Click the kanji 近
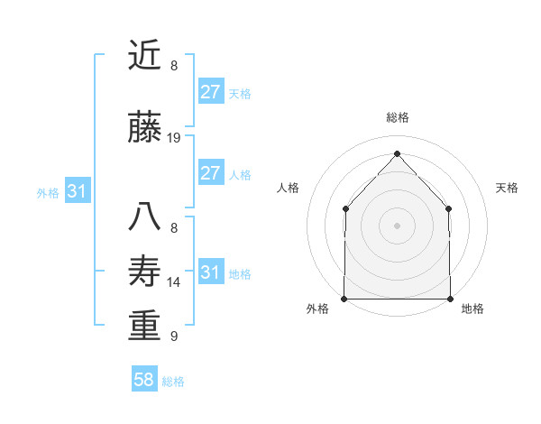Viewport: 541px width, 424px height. [x=144, y=55]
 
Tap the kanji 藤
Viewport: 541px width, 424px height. [x=144, y=128]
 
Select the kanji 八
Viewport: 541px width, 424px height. [x=144, y=217]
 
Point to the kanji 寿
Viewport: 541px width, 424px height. [x=144, y=272]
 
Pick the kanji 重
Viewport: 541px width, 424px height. [x=144, y=326]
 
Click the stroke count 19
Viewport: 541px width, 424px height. [x=174, y=138]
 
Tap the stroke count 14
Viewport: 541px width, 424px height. [x=174, y=282]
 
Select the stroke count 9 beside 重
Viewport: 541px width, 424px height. [x=174, y=336]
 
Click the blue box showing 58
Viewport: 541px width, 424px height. [x=144, y=380]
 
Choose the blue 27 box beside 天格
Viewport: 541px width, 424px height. [x=210, y=92]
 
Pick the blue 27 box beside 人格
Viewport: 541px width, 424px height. [x=210, y=173]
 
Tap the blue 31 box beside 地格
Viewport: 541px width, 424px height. [x=210, y=272]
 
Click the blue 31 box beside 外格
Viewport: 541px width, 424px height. [x=78, y=191]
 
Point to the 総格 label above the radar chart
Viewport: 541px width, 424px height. [x=397, y=117]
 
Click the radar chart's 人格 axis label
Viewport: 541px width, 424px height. [x=289, y=188]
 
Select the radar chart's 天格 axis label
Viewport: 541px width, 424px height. [x=507, y=188]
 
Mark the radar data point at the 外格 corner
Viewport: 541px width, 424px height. [x=344, y=299]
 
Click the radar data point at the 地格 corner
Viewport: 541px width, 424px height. [x=450, y=299]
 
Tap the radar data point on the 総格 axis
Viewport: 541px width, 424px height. [x=397, y=153]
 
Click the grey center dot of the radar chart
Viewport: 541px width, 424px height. [x=397, y=226]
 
